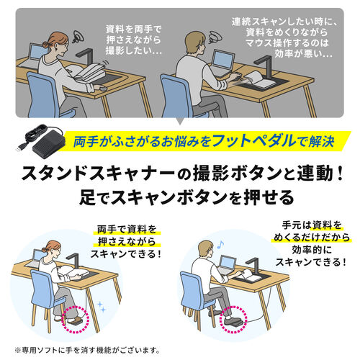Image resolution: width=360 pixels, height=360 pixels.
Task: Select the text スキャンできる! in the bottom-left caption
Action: click(x=126, y=274)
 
